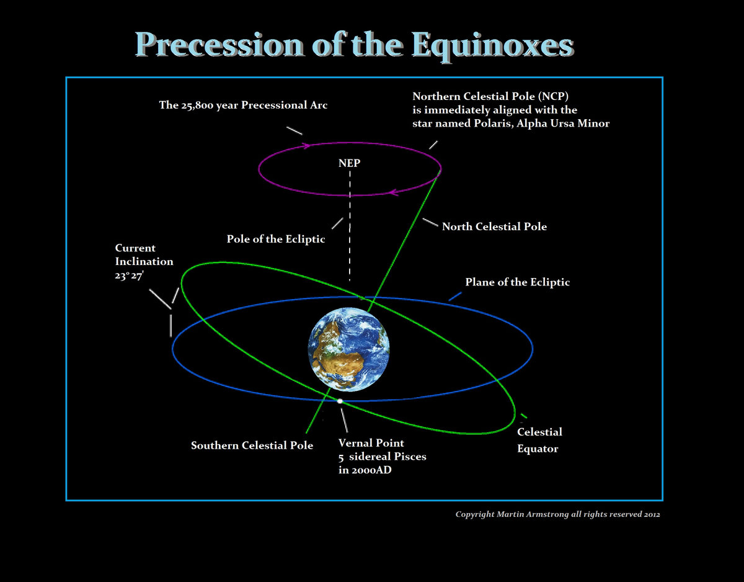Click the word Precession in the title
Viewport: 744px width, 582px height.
point(220,45)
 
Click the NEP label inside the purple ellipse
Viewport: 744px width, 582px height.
point(349,163)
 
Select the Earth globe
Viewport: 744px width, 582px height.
point(349,351)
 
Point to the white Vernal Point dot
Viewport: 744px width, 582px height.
point(340,401)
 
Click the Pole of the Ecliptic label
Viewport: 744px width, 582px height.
point(276,240)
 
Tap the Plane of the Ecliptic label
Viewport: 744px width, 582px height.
point(517,282)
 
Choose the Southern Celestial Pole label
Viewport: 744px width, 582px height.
point(252,445)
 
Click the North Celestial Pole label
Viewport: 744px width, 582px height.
point(494,226)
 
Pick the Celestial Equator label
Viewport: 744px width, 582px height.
point(539,440)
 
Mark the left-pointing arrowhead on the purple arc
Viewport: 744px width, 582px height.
point(392,192)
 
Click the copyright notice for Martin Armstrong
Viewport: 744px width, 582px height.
point(557,514)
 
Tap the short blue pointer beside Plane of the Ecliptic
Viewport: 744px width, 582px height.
point(455,297)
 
